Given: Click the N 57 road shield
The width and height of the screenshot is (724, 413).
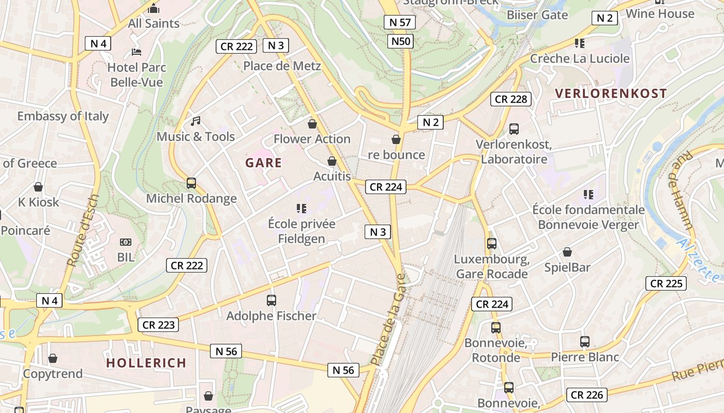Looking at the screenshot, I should point(400,22).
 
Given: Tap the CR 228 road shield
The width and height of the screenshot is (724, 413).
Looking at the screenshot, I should point(511,99).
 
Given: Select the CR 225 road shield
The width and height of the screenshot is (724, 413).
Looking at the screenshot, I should point(666,283).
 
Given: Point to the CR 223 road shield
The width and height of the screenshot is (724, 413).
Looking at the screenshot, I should point(158,325).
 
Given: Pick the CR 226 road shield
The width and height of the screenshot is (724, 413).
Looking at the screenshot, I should point(586,395).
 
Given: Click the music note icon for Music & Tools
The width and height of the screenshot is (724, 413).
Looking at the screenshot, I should point(195,121).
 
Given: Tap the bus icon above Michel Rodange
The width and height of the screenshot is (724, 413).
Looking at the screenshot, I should point(191,183).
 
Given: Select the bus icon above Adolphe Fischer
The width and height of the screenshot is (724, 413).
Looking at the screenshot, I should point(271,300).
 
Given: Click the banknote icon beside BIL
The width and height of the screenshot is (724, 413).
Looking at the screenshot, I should point(126,242).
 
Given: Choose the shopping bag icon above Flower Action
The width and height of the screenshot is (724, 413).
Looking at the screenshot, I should point(312,123).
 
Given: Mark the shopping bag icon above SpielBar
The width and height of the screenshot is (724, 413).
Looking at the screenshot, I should point(567,252).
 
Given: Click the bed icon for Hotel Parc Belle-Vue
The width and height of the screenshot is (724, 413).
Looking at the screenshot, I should point(137,52).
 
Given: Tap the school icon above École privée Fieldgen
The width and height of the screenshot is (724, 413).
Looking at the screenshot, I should point(301,209).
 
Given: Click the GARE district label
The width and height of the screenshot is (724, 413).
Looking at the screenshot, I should point(264,163).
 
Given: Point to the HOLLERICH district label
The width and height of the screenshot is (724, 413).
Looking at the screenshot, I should point(146,363).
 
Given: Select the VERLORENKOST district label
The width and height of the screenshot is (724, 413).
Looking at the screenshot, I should point(611,93).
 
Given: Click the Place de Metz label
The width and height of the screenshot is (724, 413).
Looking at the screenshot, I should point(282,66).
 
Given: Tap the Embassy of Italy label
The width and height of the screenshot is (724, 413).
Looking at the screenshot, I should point(63,116).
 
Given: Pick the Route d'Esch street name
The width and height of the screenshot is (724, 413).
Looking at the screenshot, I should point(83,231).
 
